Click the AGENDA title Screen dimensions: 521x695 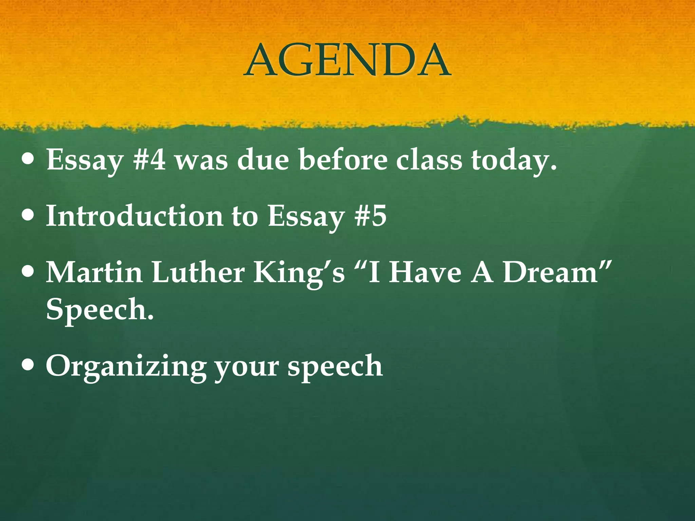(347, 60)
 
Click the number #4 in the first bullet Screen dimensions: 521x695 (149, 159)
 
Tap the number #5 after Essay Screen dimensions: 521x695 (370, 216)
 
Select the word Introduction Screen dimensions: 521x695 (134, 216)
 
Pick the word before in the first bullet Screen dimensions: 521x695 (343, 159)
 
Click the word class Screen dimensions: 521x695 (429, 159)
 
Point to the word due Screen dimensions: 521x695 (263, 159)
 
